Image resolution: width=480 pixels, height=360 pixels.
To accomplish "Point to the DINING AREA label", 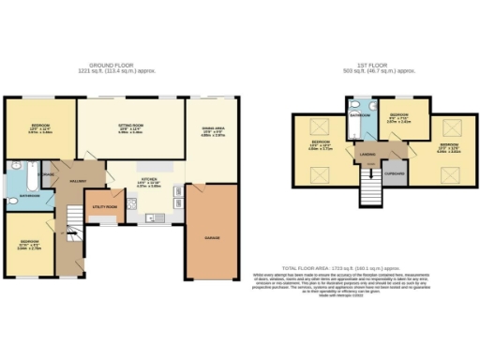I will pyautogui.click(x=212, y=127).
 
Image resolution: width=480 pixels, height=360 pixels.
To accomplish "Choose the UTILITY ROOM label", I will pyautogui.click(x=104, y=206).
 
